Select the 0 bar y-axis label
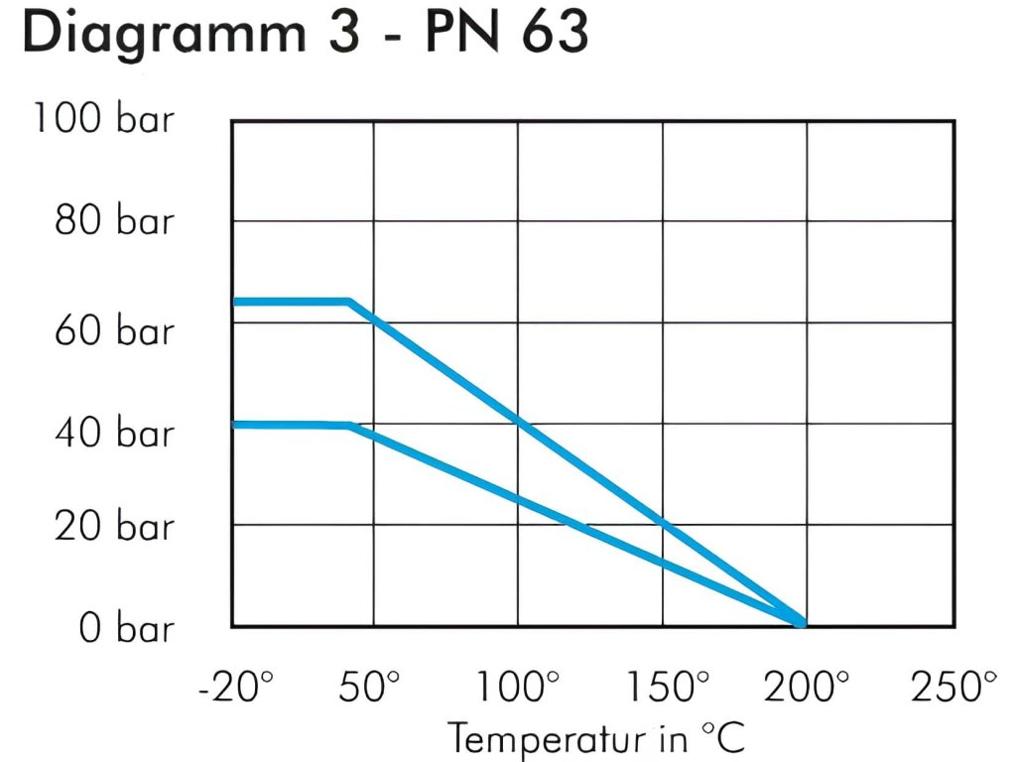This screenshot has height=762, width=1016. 126,628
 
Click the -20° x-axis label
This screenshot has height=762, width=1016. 235,687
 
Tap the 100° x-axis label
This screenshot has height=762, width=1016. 517,687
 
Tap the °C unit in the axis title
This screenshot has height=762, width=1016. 722,738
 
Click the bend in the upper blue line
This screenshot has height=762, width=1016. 349,302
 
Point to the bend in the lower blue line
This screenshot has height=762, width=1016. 350,426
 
